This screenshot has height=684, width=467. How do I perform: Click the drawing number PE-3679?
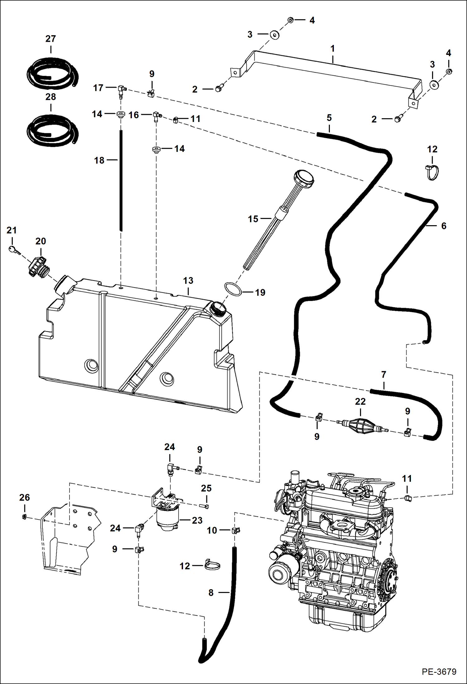tap(439, 671)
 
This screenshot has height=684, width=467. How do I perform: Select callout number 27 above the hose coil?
tap(51, 39)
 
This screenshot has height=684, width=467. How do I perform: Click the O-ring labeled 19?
tap(233, 289)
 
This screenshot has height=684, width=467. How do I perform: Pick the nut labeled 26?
tap(24, 517)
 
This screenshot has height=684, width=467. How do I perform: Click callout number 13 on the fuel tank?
tap(188, 280)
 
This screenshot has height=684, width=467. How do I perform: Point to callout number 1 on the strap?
tap(333, 49)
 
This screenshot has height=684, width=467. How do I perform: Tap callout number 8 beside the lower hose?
tap(211, 593)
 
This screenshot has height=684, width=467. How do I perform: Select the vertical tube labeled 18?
tap(121, 181)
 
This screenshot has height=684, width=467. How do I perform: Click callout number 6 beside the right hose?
tap(444, 226)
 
